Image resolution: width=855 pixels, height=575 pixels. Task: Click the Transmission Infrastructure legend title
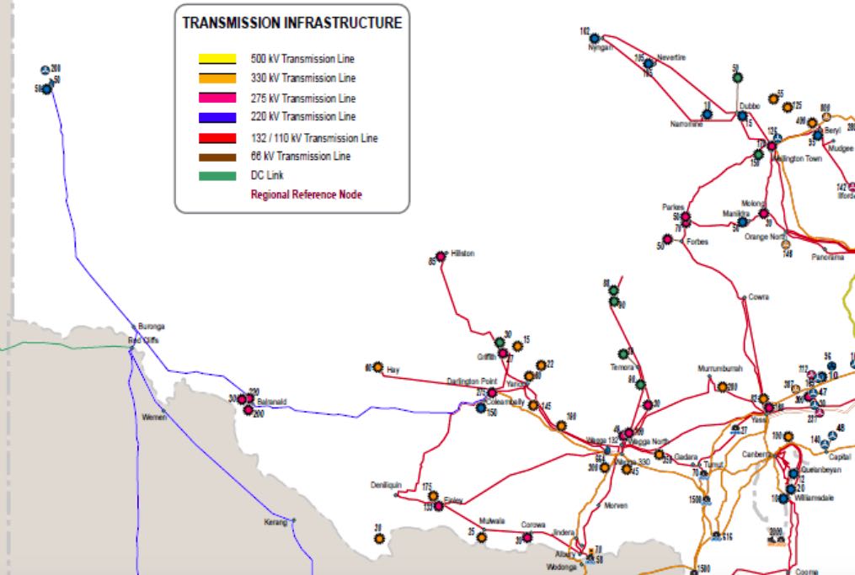point(292,24)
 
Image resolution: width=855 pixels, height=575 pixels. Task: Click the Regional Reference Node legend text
point(307,194)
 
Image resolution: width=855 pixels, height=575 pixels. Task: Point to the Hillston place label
point(463,253)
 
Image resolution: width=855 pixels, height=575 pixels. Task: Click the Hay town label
point(393,370)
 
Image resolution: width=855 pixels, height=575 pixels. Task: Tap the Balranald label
point(272,402)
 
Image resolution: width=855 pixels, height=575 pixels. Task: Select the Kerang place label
point(275,522)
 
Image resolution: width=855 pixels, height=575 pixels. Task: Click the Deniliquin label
point(387,485)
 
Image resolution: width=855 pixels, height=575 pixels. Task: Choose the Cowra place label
point(758,297)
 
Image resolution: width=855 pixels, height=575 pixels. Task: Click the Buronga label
point(152,326)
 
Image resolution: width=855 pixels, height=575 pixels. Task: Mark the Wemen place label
point(154,417)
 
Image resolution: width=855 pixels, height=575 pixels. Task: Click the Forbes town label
point(697,242)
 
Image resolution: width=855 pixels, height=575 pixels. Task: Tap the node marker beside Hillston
point(441,256)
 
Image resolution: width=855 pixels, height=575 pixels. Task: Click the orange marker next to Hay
point(378,367)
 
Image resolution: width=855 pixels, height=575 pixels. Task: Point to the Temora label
point(622,367)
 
